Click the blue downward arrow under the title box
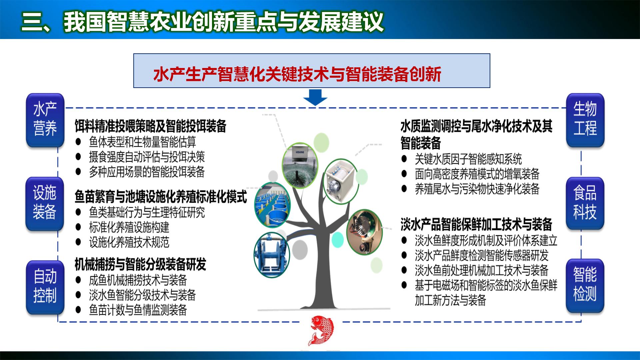click(x=315, y=97)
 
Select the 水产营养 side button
click(x=45, y=120)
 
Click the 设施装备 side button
click(x=44, y=203)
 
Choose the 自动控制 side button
click(x=45, y=287)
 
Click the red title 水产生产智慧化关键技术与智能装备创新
click(x=297, y=74)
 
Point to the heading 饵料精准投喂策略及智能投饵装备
click(x=150, y=126)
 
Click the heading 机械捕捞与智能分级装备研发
click(x=140, y=265)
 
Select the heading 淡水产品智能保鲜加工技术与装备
click(x=476, y=224)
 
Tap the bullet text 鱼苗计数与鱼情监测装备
click(x=138, y=310)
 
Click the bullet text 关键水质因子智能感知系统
click(x=468, y=159)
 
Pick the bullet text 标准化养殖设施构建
click(x=129, y=228)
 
